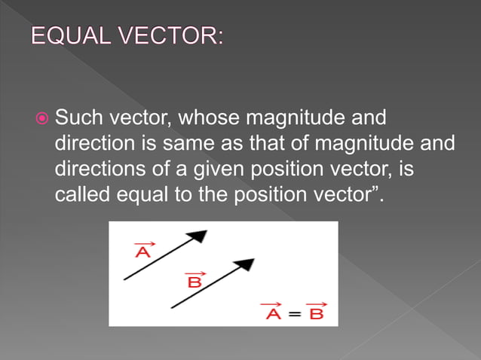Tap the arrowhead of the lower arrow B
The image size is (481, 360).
(245, 265)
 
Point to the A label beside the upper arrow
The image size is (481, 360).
(142, 252)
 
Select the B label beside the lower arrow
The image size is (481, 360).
(194, 282)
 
